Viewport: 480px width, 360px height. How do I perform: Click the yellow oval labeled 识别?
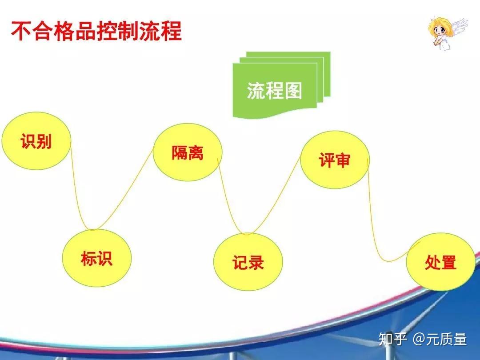coord(36,141)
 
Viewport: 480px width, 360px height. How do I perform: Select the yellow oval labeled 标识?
coord(97,258)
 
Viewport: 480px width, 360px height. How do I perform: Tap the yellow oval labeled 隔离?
coord(188,152)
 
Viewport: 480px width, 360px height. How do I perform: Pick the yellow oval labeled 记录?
coord(248,262)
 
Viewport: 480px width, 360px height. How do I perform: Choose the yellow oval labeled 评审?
coord(335,160)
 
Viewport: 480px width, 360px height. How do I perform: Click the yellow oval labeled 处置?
coord(441,262)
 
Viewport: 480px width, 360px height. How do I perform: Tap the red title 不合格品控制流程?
coord(96,31)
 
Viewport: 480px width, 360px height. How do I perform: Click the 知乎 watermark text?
coord(393,339)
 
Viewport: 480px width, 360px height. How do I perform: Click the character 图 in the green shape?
coord(293,91)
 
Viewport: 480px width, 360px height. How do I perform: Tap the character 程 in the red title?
coord(172,31)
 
